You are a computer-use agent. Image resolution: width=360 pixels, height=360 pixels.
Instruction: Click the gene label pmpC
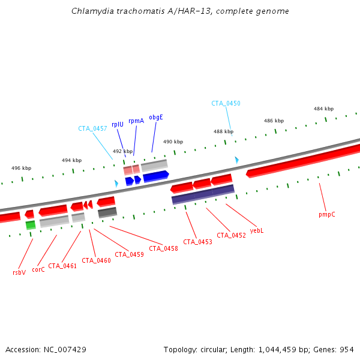[x=326, y=214]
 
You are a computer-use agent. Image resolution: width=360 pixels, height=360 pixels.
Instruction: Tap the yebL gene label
[x=257, y=230]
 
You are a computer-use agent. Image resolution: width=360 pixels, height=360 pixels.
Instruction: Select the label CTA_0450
[x=226, y=103]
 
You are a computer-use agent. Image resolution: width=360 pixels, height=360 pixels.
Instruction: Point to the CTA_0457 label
[x=92, y=128]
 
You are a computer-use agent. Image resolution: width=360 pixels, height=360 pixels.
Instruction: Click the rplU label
[x=118, y=124]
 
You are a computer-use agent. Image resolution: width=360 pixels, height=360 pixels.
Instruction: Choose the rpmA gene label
[x=136, y=121]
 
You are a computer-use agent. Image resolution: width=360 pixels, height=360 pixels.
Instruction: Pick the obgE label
[x=156, y=117]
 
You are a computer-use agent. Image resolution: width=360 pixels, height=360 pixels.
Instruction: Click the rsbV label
[x=19, y=272]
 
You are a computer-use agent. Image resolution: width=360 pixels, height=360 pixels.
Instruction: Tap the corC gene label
[x=38, y=269]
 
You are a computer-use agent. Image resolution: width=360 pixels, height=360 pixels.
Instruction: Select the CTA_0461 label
[x=62, y=265]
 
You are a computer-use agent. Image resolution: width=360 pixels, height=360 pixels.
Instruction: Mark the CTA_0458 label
[x=163, y=248]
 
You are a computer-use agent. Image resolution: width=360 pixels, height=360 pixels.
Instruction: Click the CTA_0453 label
[x=198, y=242]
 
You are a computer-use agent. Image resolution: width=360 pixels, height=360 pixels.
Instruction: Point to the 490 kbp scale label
[x=173, y=142]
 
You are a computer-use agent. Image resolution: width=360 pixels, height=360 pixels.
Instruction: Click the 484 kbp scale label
[x=323, y=109]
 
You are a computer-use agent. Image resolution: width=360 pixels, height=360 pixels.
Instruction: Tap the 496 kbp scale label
[x=21, y=168]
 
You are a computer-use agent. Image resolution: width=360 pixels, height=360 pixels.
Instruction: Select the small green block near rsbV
[x=31, y=225]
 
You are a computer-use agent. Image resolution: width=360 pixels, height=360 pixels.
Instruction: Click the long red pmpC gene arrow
[x=303, y=161]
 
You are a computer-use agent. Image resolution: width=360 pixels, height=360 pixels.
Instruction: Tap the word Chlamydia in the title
[x=90, y=11]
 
